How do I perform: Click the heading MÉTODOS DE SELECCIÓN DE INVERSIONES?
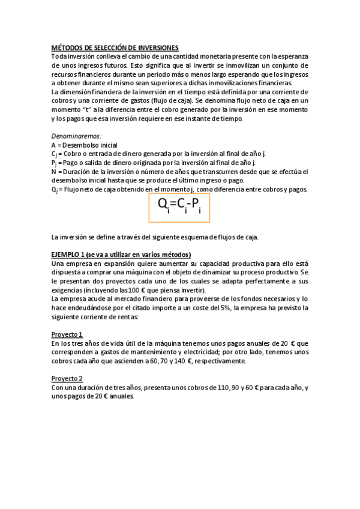tap(115, 47)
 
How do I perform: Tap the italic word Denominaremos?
tap(77, 136)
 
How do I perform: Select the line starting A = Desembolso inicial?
tap(85, 145)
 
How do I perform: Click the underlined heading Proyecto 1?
tap(67, 334)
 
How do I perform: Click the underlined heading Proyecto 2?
tap(67, 379)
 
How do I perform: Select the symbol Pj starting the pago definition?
tap(55, 163)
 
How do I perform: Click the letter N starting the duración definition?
tap(54, 172)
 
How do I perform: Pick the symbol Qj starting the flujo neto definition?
tap(55, 190)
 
